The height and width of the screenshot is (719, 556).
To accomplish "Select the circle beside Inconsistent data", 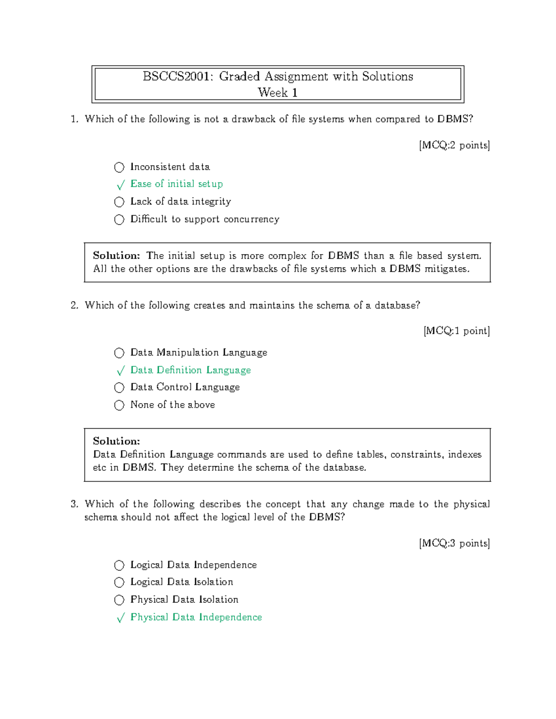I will coord(119,167).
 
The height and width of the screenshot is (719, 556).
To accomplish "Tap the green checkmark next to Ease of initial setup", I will coord(120,185).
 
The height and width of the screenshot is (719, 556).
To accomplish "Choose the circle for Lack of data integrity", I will coord(119,202).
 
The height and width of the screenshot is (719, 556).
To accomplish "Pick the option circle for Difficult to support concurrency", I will coord(119,219).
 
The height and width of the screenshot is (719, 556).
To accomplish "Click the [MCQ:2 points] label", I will coord(454,145).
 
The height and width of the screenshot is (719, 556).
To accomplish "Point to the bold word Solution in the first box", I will coord(116,256).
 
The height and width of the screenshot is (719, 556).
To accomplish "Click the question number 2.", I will coord(74,306).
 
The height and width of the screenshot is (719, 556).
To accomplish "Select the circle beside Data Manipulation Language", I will coord(119,353).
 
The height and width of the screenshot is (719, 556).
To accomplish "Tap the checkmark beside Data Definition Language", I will coord(120,371).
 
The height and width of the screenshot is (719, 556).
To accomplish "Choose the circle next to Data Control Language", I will coord(119,388).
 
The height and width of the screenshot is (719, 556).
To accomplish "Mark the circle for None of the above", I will coord(119,405).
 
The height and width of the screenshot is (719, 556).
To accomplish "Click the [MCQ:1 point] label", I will coord(456,331).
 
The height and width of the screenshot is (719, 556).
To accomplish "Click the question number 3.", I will coord(74,504).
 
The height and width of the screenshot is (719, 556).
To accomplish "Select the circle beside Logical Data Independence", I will coord(119,565).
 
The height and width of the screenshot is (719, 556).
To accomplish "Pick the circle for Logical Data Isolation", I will coord(119,582).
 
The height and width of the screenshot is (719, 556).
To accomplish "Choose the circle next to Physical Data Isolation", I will coord(119,600).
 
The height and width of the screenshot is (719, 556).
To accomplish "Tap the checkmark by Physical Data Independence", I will coord(120,618).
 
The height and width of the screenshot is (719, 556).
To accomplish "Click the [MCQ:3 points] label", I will coord(454,544).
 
